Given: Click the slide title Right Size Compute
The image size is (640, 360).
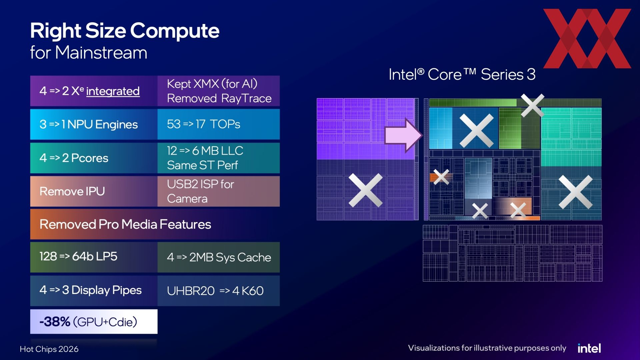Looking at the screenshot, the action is point(125,31).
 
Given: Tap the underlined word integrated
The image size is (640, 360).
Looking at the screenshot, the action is point(113,91).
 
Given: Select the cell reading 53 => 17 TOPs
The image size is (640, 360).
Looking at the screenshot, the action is point(219,124).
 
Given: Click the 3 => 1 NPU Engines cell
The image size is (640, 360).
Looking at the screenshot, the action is point(94,124).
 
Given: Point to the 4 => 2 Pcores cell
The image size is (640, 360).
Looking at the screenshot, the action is point(94,158).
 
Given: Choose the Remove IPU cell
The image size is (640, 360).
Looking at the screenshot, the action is point(94,191).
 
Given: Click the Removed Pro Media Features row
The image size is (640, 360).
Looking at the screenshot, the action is point(155,224).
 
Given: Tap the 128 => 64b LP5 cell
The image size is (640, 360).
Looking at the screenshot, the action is point(94,257).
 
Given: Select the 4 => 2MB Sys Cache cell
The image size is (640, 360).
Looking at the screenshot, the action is point(219,257).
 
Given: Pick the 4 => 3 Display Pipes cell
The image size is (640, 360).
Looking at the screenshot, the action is point(94,291).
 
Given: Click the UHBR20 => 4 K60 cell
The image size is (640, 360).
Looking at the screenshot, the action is point(219,291).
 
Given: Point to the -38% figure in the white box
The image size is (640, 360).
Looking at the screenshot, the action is point(55,322).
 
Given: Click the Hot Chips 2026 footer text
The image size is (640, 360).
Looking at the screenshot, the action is point(49,349).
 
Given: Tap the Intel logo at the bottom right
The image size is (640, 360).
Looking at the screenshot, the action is point(589,348).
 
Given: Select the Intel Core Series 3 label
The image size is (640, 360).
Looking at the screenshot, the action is point(462,74).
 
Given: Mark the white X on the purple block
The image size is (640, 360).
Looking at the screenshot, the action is point(366,190).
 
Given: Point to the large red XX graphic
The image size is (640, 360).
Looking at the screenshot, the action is point(587,38).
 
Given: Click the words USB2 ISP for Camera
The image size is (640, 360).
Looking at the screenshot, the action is point(201,191).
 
